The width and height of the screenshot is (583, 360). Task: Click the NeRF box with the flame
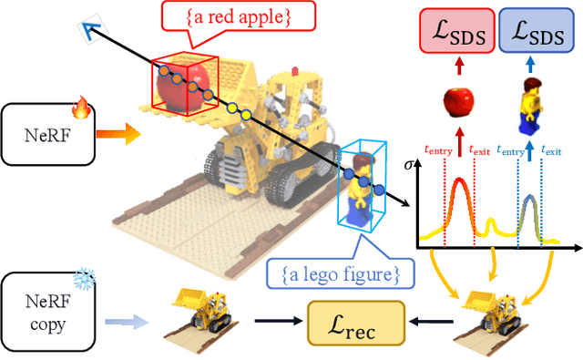50,134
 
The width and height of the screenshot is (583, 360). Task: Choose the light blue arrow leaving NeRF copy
127,321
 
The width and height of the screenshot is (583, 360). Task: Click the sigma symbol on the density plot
406,168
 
